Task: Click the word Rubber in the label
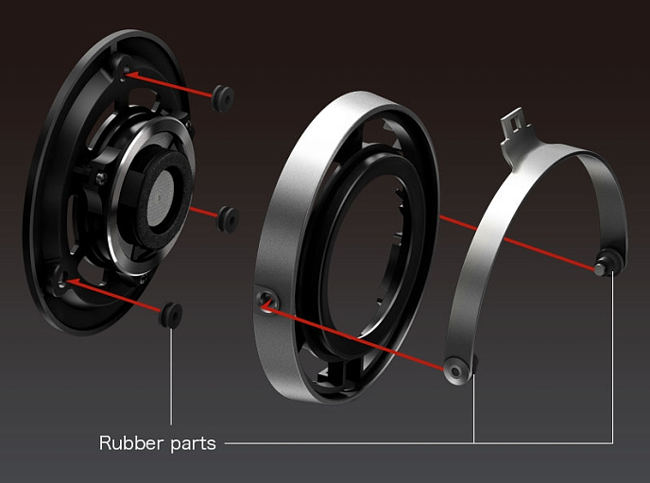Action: [x=131, y=442]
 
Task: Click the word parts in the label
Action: [x=193, y=444]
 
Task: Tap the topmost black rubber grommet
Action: [x=223, y=98]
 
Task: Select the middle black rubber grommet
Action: [x=228, y=219]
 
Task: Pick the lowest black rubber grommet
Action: [x=170, y=315]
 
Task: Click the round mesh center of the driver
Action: [x=160, y=198]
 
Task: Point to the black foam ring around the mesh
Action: [x=164, y=199]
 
